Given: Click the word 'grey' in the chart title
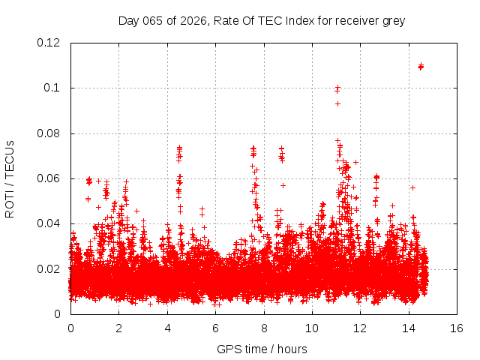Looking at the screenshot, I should (392, 21).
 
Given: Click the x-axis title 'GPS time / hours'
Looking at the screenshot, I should (262, 349).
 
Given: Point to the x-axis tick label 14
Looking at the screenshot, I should (409, 328).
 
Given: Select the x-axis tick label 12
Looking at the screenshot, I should (360, 328).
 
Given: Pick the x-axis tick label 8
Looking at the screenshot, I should (263, 328).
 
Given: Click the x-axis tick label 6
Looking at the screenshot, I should (215, 328).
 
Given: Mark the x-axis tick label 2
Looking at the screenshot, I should (118, 328).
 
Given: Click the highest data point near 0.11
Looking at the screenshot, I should (421, 66).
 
